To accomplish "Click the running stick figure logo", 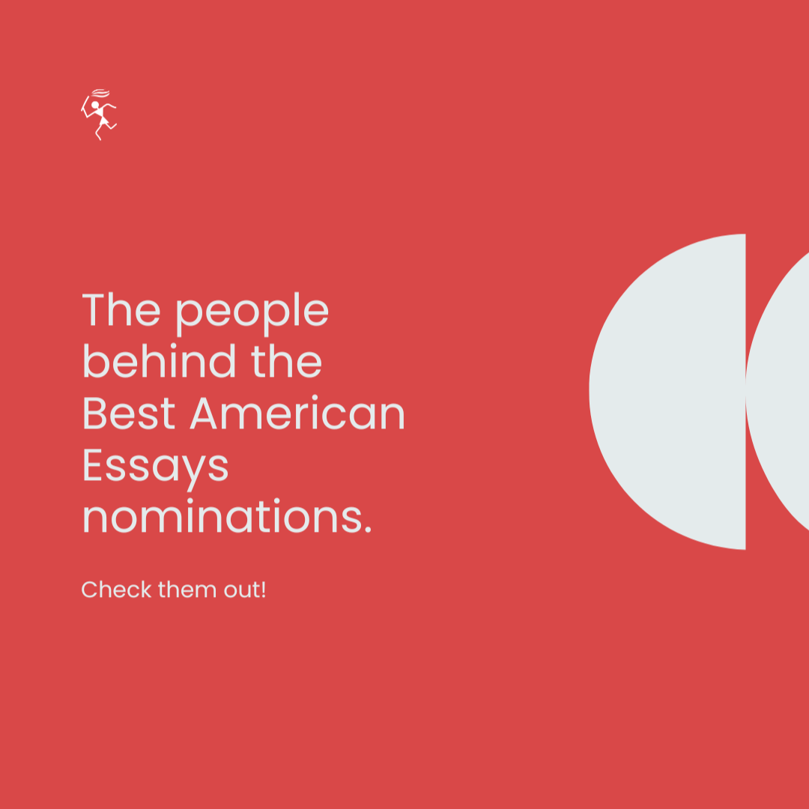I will coord(99,115).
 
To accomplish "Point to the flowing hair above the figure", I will coord(100,94).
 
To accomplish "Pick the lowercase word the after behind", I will coord(286,361).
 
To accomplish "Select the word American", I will coord(297,413).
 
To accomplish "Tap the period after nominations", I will coord(366,531).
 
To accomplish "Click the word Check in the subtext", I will coord(106,590).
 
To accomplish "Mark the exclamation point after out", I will coord(263,590).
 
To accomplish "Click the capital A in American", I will coord(205,413).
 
